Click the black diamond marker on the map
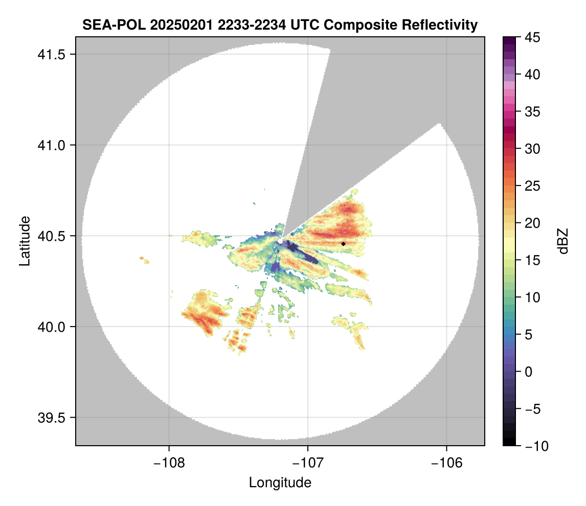[x=344, y=244]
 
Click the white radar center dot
[x=280, y=241]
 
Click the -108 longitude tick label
[x=168, y=463]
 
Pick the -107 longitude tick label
[x=307, y=463]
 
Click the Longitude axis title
[x=280, y=482]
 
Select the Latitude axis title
[x=24, y=241]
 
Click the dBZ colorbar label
[x=563, y=241]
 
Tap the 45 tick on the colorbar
[x=533, y=37]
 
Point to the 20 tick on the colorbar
[x=533, y=223]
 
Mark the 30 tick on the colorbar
[x=533, y=149]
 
